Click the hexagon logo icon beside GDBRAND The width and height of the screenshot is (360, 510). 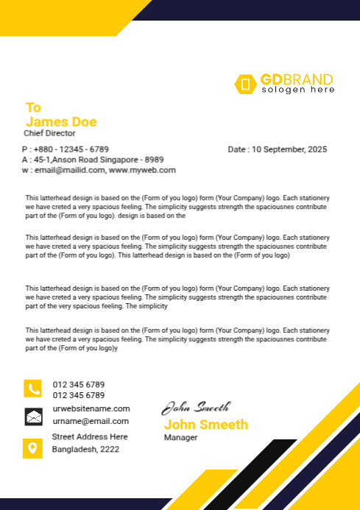click(x=244, y=84)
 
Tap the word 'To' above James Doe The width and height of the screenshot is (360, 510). click(x=33, y=107)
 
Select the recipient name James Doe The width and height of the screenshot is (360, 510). click(x=61, y=121)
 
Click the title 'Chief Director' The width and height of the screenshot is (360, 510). click(x=49, y=133)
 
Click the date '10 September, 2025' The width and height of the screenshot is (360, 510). click(x=288, y=149)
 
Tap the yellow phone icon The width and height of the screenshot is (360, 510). click(x=33, y=389)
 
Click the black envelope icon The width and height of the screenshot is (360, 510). click(x=33, y=417)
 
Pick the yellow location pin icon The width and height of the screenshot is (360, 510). click(x=33, y=447)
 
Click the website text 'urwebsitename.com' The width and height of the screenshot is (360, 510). click(x=91, y=408)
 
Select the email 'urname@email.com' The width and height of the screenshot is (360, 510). click(x=91, y=422)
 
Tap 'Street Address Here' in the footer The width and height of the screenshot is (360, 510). click(x=90, y=436)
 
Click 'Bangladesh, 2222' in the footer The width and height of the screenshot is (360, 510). click(x=85, y=449)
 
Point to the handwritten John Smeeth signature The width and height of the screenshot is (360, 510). click(x=196, y=407)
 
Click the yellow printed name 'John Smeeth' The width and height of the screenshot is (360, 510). click(x=205, y=425)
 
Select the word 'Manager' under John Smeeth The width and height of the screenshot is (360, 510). click(x=180, y=437)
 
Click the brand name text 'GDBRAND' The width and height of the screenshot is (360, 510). click(x=296, y=79)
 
